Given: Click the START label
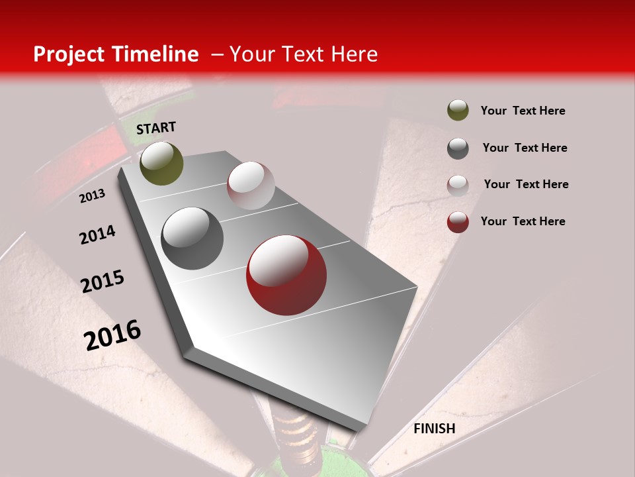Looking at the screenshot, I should pos(156,128).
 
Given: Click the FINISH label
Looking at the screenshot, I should pos(434,429).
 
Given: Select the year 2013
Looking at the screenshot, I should pos(92,196).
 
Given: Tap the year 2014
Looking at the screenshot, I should pos(97,235).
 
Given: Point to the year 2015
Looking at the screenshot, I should pos(103,282).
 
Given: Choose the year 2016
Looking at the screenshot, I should pos(112,335).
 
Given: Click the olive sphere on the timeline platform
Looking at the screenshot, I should pos(161,163).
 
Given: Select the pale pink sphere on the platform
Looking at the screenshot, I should pos(251,185).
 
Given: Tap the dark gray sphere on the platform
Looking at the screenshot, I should pos(192,238).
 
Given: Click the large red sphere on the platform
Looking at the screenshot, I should pos(286,275).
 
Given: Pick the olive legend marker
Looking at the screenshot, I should pos(458,110).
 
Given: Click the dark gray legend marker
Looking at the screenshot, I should pos(458,148).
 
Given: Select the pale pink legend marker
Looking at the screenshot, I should pos(458,185).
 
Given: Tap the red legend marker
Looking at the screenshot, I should pos(458,222).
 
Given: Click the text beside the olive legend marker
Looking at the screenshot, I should pos(523,111).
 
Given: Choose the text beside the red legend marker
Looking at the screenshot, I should pos(523,221).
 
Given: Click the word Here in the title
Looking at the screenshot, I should pos(354,54).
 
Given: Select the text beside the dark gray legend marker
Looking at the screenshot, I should pos(525,148).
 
